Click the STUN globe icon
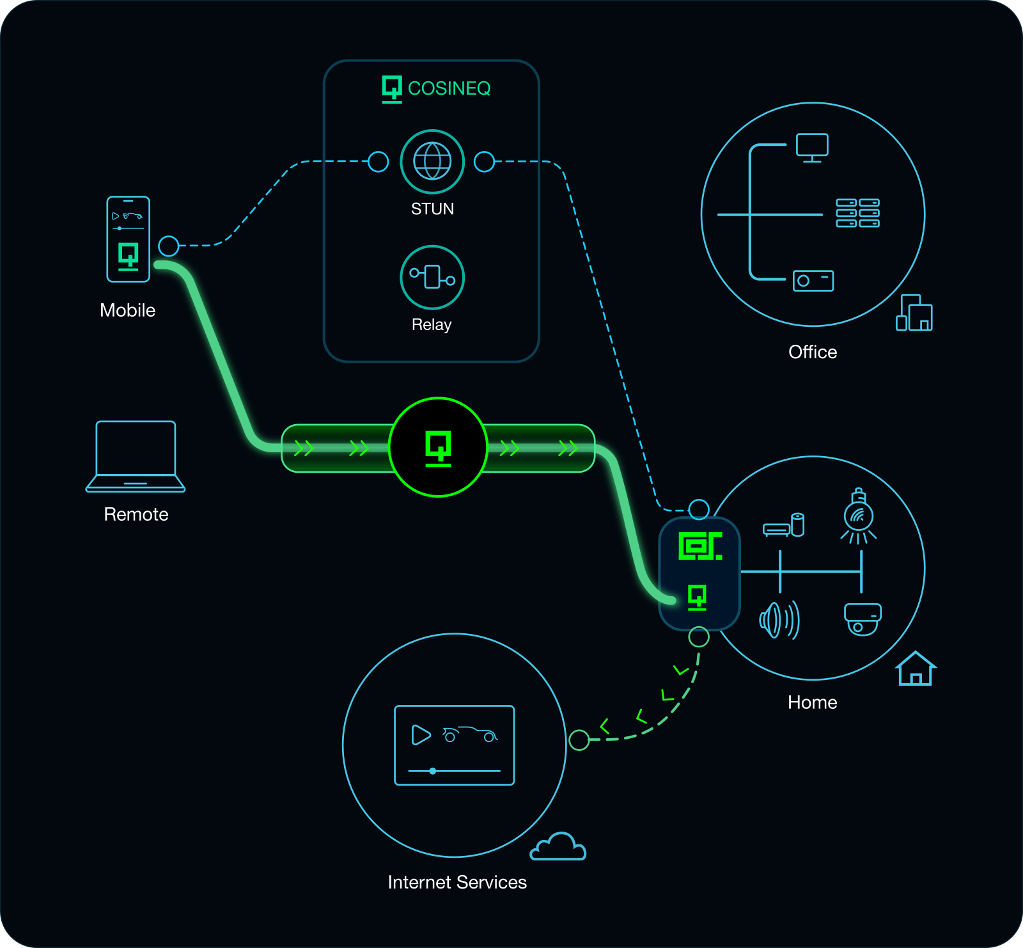click(x=432, y=161)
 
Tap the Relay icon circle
click(x=432, y=277)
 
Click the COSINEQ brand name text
click(x=449, y=88)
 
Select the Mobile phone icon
click(x=128, y=239)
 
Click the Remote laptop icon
click(x=136, y=456)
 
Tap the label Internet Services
click(x=457, y=882)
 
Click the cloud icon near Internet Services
click(x=558, y=846)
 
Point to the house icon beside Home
click(x=916, y=668)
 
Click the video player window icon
click(x=455, y=745)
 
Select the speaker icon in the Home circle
click(x=779, y=620)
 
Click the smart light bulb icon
click(x=859, y=516)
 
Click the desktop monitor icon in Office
click(x=812, y=148)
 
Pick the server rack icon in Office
click(x=858, y=213)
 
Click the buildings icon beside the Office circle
click(x=914, y=313)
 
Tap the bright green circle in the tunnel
click(x=439, y=447)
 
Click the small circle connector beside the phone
click(x=169, y=246)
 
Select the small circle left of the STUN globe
click(x=379, y=162)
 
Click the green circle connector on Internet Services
click(x=579, y=740)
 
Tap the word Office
click(x=813, y=352)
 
